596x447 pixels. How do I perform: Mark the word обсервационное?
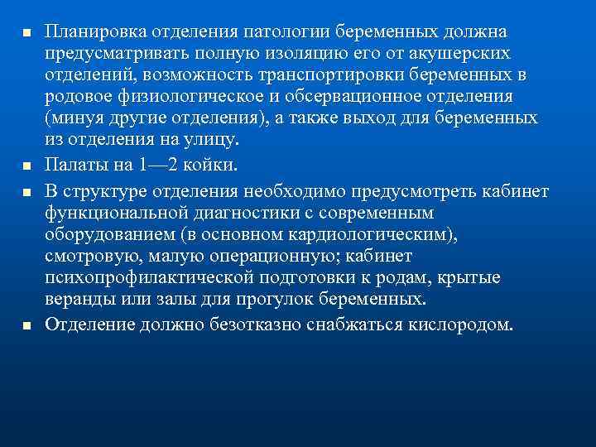[x=374, y=96]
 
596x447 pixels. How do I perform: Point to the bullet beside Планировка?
[x=26, y=32]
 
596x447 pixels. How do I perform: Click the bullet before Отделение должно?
[x=26, y=323]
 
